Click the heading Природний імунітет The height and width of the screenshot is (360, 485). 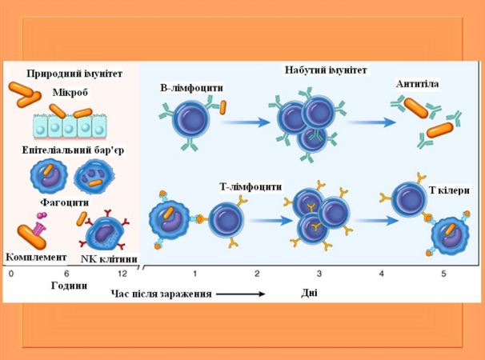74,74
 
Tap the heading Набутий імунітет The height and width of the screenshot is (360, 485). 326,70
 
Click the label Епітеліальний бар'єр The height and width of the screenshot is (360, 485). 73,150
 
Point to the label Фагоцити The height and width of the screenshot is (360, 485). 66,202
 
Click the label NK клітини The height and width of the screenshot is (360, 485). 109,258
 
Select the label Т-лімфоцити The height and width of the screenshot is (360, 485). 251,186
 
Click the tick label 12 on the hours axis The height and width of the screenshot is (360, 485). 121,274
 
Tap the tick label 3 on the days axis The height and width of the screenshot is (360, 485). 319,274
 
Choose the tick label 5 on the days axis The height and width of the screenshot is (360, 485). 444,274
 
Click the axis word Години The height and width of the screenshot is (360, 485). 68,286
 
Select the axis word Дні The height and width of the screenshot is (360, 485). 310,293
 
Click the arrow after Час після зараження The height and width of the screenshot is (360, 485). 240,294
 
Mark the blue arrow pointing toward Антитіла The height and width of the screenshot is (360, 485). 372,122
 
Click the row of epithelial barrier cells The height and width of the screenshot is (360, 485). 70,126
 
